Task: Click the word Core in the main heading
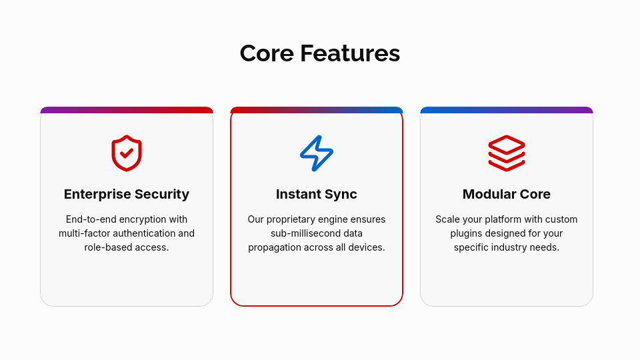pyautogui.click(x=267, y=53)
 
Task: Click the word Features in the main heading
pyautogui.click(x=350, y=53)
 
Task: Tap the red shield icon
pyautogui.click(x=127, y=153)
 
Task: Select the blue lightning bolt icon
pyautogui.click(x=316, y=153)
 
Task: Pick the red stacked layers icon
pyautogui.click(x=507, y=153)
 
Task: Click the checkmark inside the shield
pyautogui.click(x=127, y=153)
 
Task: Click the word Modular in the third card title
pyautogui.click(x=487, y=194)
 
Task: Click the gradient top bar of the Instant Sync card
pyautogui.click(x=317, y=110)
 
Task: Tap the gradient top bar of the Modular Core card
pyautogui.click(x=507, y=110)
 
